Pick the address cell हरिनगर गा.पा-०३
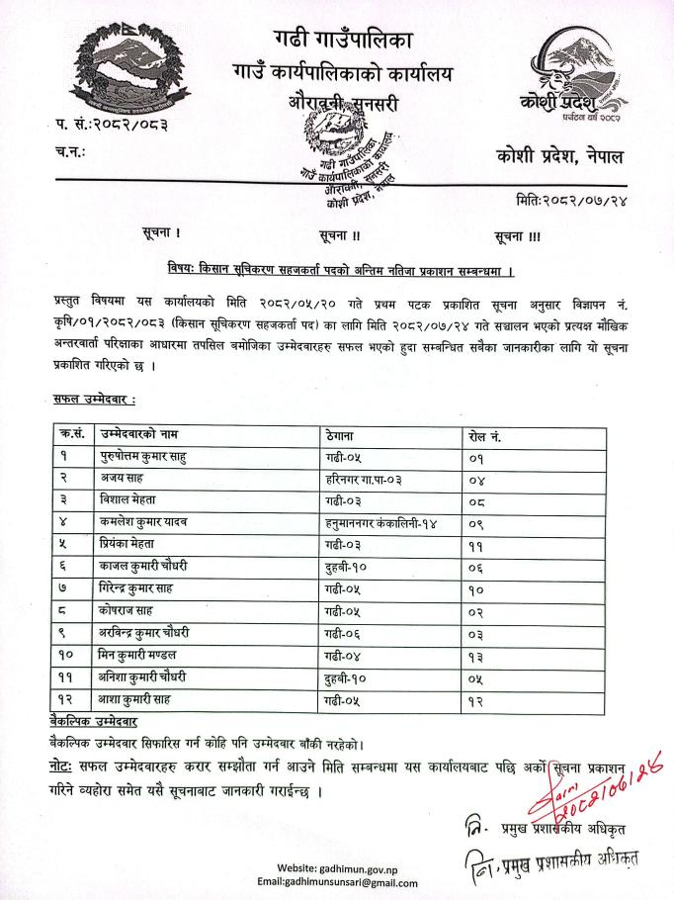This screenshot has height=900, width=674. [368, 479]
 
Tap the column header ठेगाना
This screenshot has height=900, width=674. [342, 434]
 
